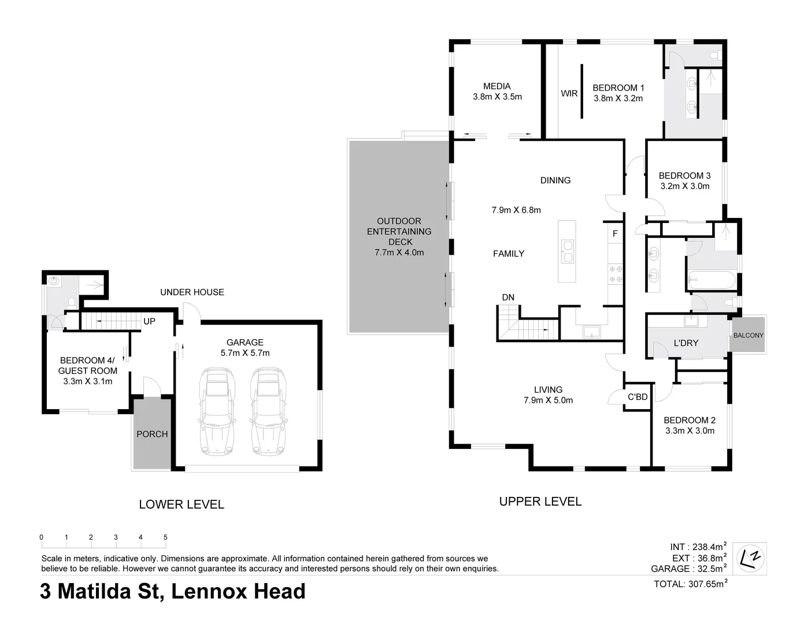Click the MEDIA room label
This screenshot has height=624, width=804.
click(x=497, y=87)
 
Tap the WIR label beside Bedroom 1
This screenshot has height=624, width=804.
click(x=569, y=93)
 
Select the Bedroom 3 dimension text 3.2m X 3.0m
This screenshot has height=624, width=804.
click(x=684, y=186)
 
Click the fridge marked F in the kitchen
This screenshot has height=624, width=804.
click(x=615, y=234)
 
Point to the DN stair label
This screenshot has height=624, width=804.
click(x=507, y=298)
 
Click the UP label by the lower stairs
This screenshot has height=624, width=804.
click(x=149, y=321)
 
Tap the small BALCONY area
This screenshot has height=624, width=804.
click(x=748, y=335)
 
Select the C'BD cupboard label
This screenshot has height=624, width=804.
click(x=637, y=397)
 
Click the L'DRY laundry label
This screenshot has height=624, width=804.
click(x=686, y=343)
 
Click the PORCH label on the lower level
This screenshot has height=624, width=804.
click(x=152, y=434)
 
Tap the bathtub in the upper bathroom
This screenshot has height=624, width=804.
click(x=711, y=281)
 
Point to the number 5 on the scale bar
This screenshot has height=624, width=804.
click(x=165, y=537)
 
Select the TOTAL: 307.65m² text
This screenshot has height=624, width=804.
click(x=690, y=584)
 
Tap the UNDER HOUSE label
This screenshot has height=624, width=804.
click(x=192, y=292)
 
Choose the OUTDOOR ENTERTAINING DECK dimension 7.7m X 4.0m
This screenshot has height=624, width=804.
click(x=399, y=252)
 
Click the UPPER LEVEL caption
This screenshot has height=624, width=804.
click(x=540, y=502)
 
